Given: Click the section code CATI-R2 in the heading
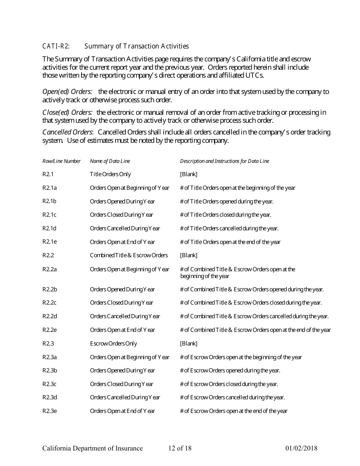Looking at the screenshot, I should click(x=56, y=46).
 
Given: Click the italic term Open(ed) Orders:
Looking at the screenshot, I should click(x=67, y=92).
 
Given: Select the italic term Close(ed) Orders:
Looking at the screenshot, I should click(x=67, y=113).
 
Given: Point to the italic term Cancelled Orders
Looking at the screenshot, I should click(x=67, y=132).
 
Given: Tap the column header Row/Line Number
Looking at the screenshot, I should click(x=61, y=161).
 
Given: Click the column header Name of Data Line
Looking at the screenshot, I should click(x=110, y=161).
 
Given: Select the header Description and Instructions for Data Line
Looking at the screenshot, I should click(x=224, y=161).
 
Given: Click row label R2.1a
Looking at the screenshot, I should click(x=49, y=188).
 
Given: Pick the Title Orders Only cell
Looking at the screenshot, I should click(x=110, y=174).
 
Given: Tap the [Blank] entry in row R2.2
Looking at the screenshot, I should click(x=188, y=255).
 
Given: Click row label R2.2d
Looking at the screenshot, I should click(x=50, y=316).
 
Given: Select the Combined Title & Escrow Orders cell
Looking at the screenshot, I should click(x=129, y=255).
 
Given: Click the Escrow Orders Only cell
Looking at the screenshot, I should click(x=113, y=344).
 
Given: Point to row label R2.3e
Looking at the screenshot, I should click(x=50, y=411).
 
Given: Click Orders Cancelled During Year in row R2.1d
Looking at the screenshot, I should click(x=125, y=228).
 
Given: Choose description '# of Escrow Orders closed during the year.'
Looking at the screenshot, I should click(x=229, y=384).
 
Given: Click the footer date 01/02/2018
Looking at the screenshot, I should click(x=301, y=449).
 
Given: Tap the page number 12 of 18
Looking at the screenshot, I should click(x=180, y=449).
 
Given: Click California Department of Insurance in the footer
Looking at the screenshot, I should click(x=92, y=449).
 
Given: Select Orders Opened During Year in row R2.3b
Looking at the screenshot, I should click(x=122, y=371).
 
